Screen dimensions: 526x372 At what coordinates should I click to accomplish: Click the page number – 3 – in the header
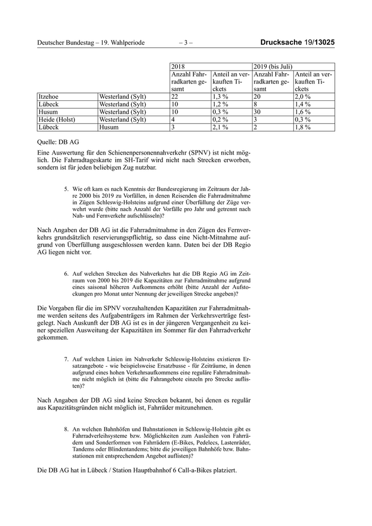(186, 42)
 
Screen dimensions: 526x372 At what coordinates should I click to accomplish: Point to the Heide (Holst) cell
(57, 120)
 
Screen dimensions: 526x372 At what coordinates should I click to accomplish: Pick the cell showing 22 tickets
(175, 97)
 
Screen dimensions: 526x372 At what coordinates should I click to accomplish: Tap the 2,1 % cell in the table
(221, 128)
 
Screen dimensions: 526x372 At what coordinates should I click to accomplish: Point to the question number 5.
(66, 189)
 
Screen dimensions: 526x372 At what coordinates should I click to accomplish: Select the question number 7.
(66, 359)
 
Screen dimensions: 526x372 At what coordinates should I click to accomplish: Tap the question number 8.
(66, 428)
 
